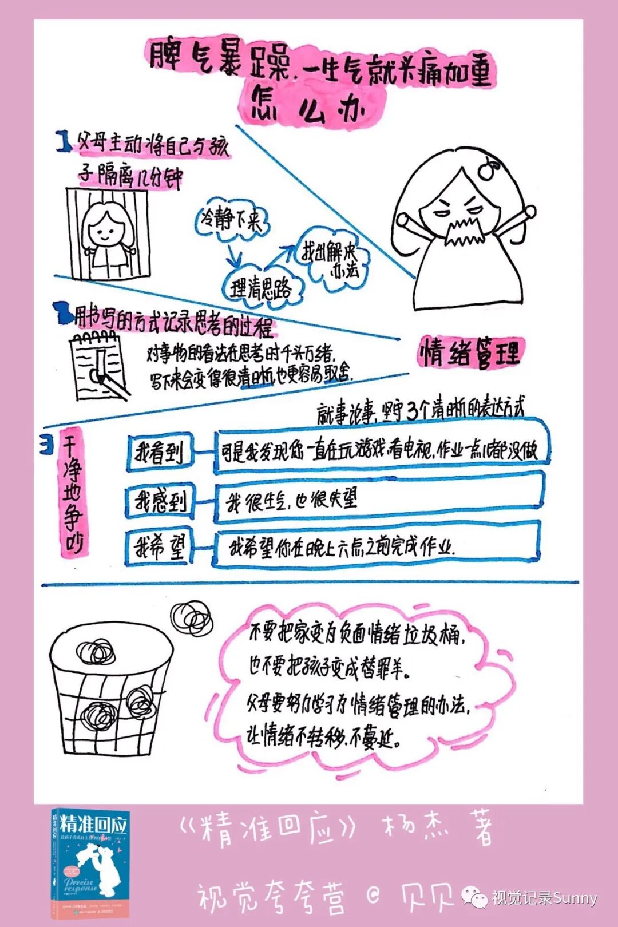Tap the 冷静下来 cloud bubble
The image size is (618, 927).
[x=231, y=220]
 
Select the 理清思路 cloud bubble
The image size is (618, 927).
[x=261, y=288]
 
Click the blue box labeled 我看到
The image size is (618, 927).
[x=160, y=453]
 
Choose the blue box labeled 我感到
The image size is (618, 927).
[x=160, y=502]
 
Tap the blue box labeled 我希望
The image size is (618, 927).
[x=160, y=548]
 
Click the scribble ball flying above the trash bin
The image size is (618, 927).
[x=192, y=618]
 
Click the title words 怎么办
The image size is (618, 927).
[x=309, y=106]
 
